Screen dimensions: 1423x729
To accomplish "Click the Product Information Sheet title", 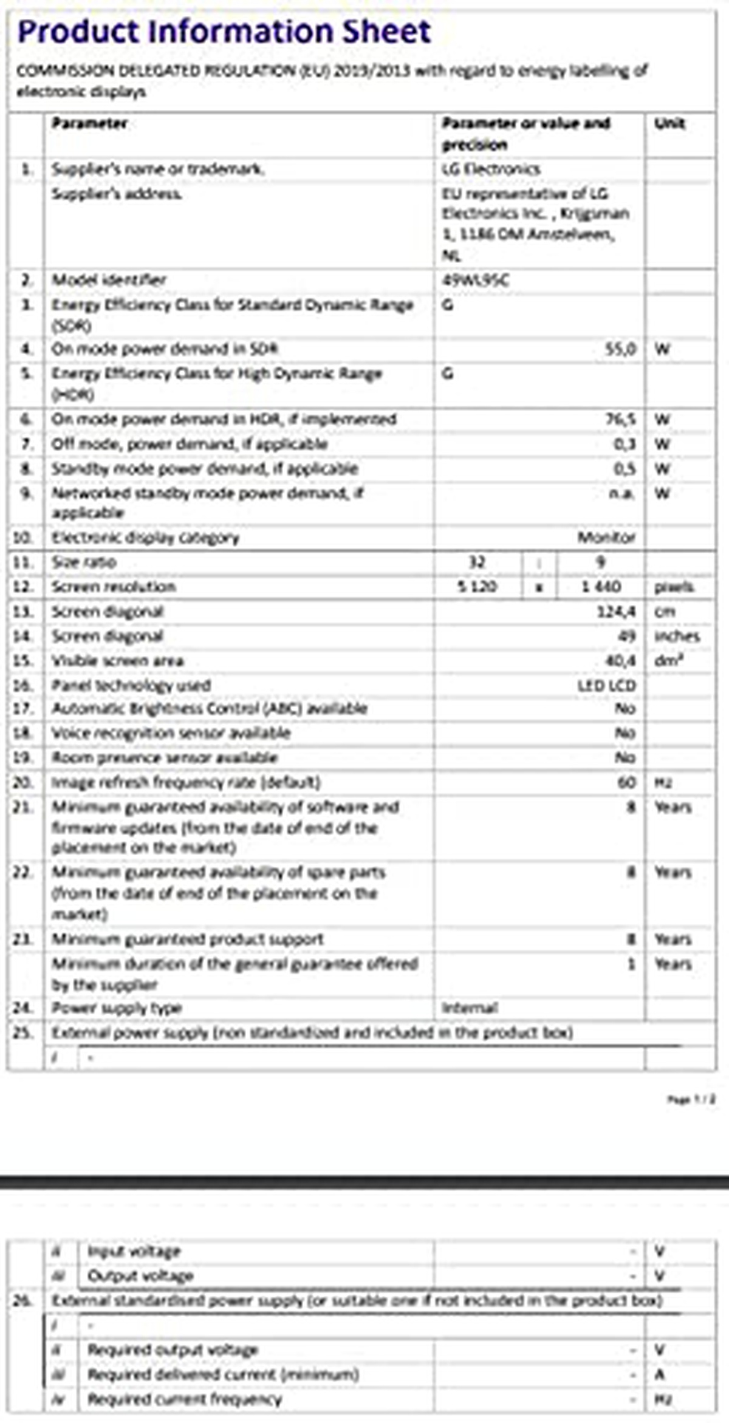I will [224, 32].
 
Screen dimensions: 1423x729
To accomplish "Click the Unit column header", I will [669, 123].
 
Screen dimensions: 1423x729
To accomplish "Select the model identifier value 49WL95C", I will [476, 280].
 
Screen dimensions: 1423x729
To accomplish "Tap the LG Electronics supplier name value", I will [491, 169].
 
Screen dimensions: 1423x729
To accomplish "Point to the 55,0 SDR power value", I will [620, 349].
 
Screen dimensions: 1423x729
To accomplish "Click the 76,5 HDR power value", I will [620, 419].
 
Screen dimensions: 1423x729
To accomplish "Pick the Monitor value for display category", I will [606, 537].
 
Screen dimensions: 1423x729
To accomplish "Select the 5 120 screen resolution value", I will [477, 587].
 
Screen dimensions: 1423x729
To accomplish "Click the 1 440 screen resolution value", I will [601, 587].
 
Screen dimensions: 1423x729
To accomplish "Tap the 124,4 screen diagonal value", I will [616, 612].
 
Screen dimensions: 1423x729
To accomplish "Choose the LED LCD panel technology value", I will [606, 686].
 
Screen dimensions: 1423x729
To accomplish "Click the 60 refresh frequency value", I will [626, 782].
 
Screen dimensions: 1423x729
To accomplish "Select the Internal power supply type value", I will [470, 1008].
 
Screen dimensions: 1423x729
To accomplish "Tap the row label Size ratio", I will [84, 562].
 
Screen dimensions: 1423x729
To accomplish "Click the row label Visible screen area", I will [117, 661].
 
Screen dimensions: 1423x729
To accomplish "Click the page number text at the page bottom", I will [691, 1099].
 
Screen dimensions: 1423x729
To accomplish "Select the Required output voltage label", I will [173, 1350].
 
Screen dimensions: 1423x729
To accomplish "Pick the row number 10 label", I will [23, 537].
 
